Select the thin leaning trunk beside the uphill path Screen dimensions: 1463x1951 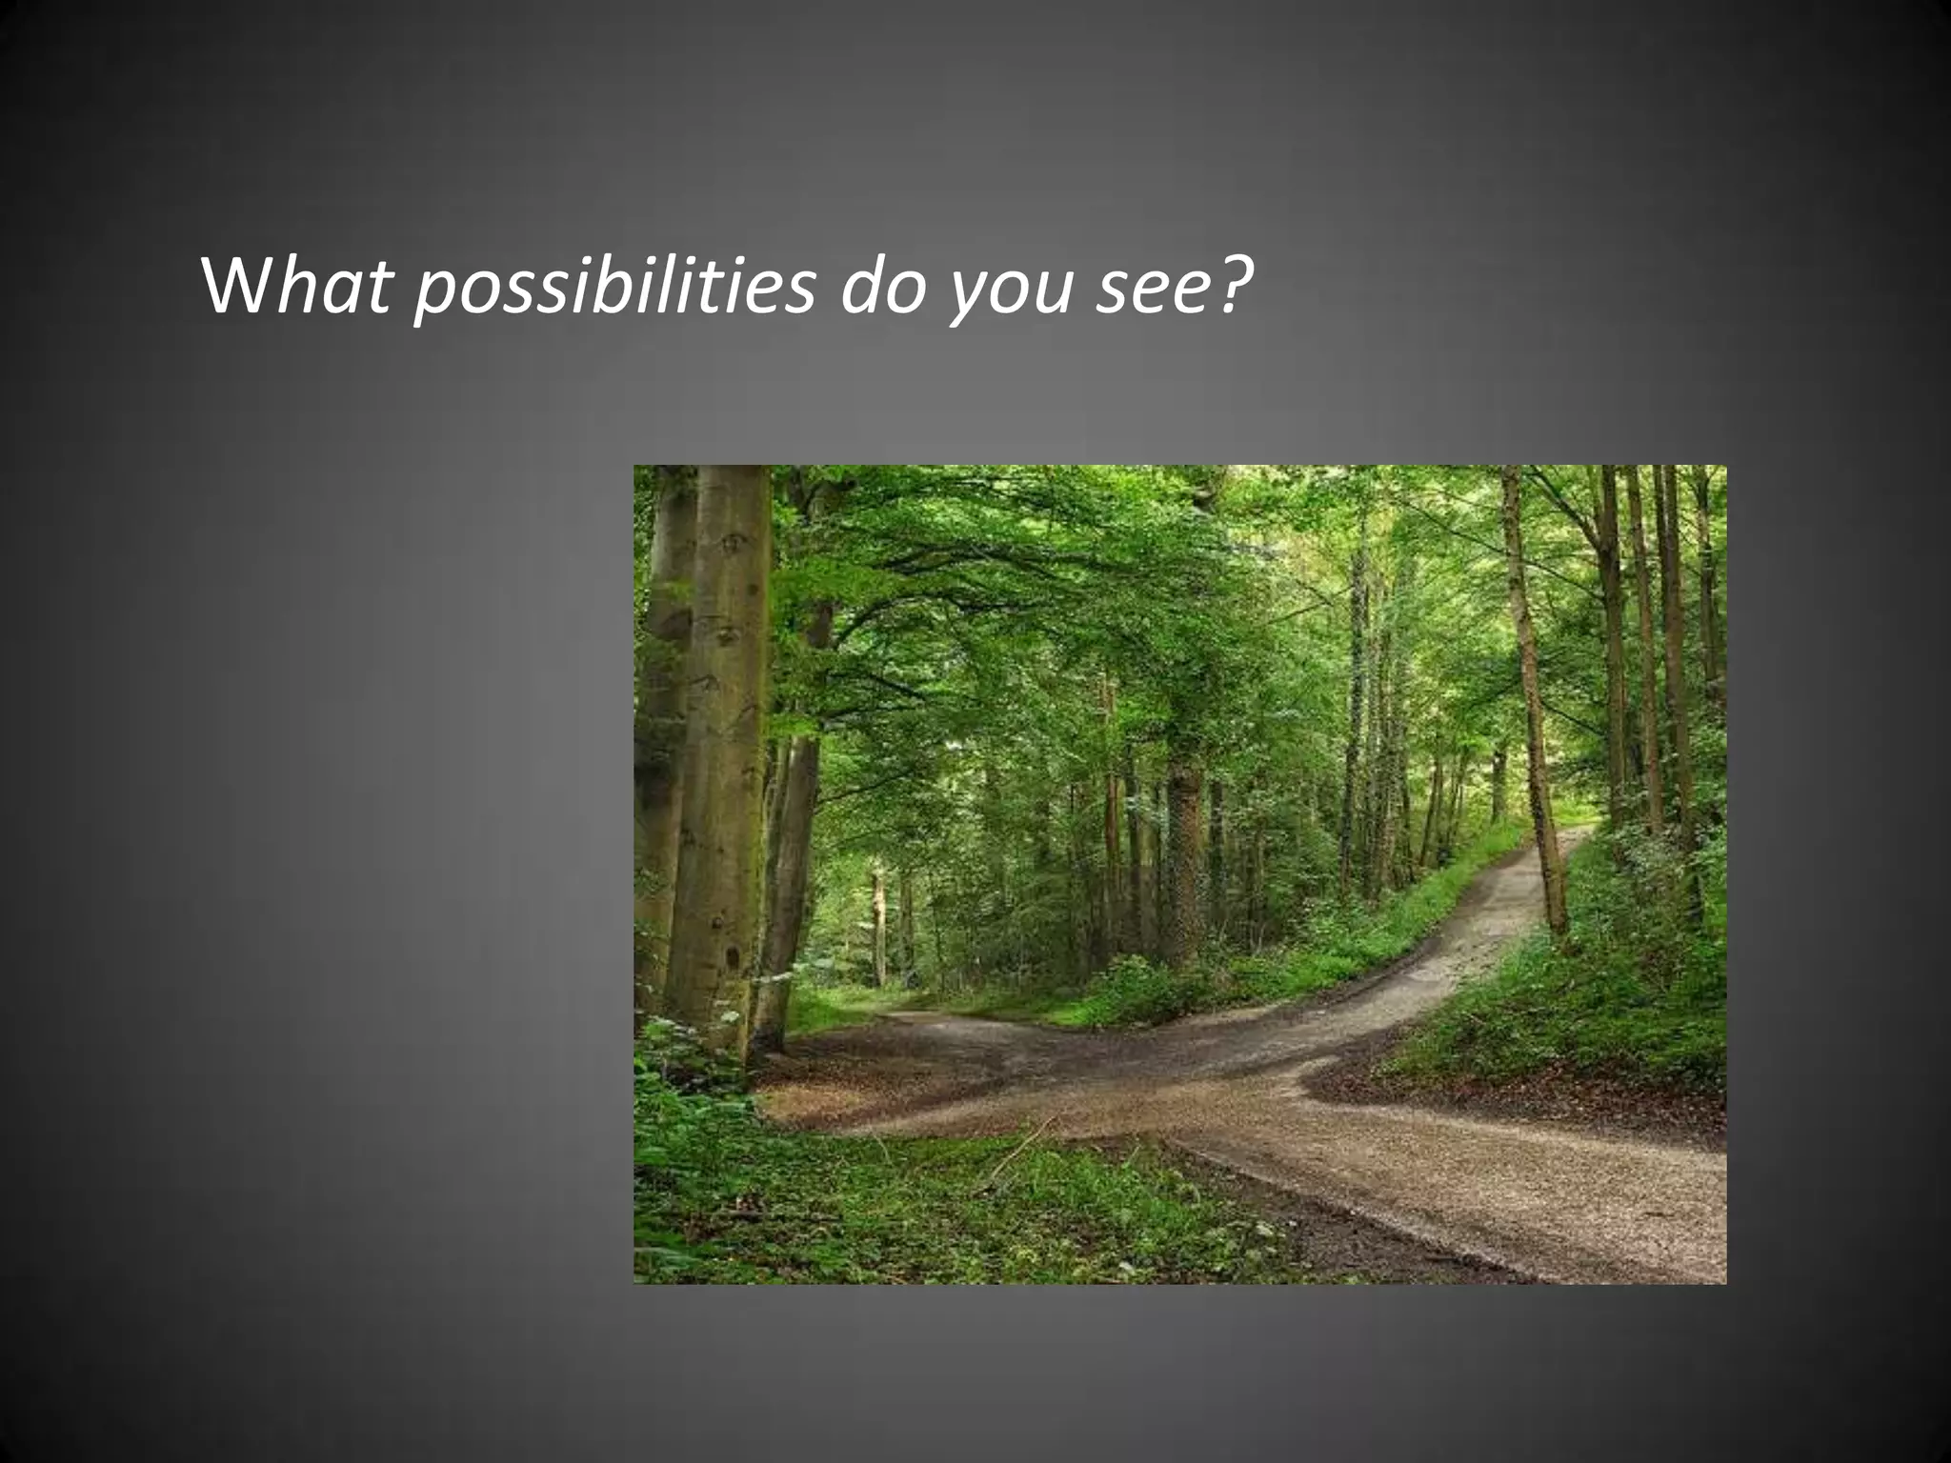1534,724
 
